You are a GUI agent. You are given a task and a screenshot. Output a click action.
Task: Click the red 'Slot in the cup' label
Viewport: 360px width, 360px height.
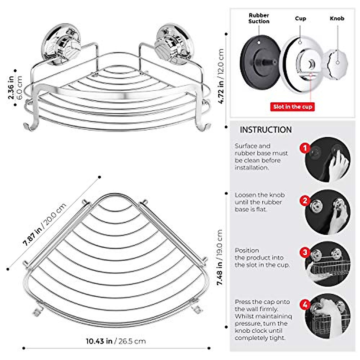point(292,107)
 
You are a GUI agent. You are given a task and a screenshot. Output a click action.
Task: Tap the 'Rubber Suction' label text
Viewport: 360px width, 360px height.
point(259,18)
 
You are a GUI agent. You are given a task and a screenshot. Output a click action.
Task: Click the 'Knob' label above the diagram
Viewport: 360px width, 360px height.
point(337,18)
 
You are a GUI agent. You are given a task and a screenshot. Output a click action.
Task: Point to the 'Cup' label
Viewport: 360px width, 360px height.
point(300,18)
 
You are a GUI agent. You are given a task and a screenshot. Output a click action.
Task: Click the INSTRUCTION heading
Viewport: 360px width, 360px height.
point(265,130)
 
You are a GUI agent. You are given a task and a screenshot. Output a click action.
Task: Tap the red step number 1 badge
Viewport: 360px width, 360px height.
point(305,148)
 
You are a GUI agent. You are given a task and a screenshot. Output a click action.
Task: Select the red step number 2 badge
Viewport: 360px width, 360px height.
point(305,200)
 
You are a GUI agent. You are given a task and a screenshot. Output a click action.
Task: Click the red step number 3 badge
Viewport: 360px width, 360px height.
point(305,252)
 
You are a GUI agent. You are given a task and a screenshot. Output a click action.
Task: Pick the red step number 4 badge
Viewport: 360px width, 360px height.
point(305,305)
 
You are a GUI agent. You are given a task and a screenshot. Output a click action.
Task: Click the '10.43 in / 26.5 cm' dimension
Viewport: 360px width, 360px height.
point(116,341)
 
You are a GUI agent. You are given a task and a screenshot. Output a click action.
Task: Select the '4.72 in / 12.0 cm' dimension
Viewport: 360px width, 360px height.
point(221,76)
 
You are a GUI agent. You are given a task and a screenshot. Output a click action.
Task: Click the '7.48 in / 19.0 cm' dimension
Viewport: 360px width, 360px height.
point(220,257)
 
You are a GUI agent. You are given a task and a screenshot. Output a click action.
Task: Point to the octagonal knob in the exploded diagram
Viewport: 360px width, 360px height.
point(337,62)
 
